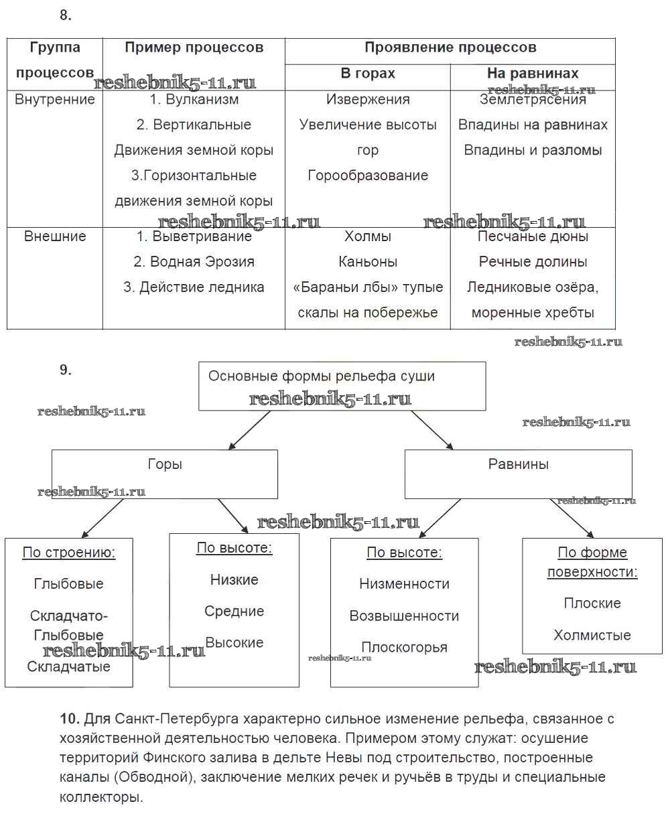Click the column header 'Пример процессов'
[x=194, y=48]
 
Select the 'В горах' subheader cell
[x=367, y=74]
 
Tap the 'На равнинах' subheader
[x=533, y=74]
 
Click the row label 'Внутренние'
[x=55, y=100]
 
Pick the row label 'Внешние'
[x=55, y=236]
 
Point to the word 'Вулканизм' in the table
[x=202, y=100]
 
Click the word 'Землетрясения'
[x=533, y=100]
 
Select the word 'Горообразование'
[x=368, y=176]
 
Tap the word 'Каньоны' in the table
[x=368, y=262]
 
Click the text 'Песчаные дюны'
[x=533, y=236]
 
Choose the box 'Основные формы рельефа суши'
[x=342, y=386]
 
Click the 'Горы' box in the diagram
[x=165, y=473]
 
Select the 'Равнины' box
[x=518, y=473]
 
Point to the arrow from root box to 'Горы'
[x=249, y=429]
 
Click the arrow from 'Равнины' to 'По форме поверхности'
[x=572, y=518]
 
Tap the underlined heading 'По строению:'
[x=69, y=553]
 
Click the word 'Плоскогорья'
[x=404, y=647]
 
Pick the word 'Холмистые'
[x=592, y=635]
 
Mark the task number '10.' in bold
[x=70, y=719]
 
